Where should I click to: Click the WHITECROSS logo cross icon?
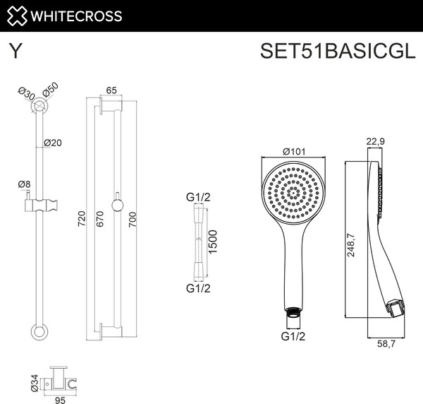[15, 16]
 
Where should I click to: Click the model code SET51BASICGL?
[333, 52]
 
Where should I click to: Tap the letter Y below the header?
[14, 52]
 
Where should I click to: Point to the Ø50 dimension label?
[50, 90]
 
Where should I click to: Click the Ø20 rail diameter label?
[53, 143]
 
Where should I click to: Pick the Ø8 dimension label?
[24, 185]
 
